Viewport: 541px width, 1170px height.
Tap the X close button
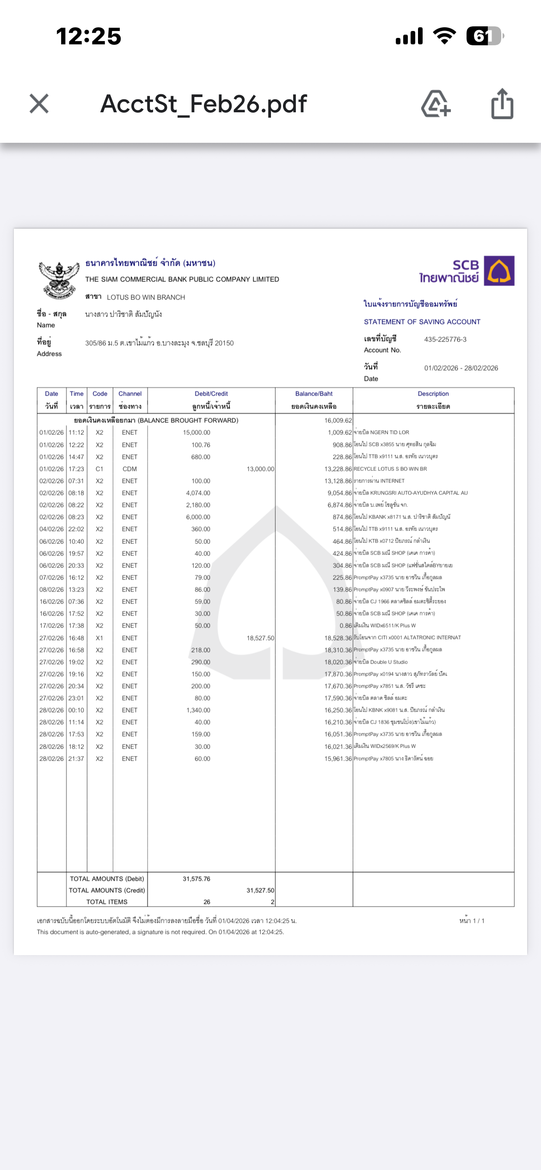[x=39, y=104]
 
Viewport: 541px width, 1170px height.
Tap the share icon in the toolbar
[x=502, y=104]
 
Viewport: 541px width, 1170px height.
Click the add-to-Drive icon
[x=436, y=104]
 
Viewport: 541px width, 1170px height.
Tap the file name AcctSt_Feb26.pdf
[x=203, y=104]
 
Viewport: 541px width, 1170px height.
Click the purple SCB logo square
[x=499, y=271]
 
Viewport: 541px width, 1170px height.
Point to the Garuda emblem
[x=59, y=280]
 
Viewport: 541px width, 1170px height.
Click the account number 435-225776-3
[x=445, y=340]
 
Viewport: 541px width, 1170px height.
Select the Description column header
[x=433, y=394]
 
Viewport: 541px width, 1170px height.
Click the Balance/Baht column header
[x=314, y=394]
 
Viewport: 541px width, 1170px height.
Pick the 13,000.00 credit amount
[x=260, y=469]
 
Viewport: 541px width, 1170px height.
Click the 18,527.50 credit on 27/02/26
[x=260, y=638]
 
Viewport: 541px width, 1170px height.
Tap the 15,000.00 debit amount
[x=197, y=433]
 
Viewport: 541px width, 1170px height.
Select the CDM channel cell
[x=129, y=469]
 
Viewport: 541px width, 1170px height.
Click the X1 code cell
[x=99, y=638]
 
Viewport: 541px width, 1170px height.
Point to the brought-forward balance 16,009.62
[x=338, y=420]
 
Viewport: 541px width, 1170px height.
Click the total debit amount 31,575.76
[x=197, y=879]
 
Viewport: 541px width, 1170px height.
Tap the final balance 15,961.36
[x=338, y=759]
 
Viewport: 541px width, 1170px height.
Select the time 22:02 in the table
[x=76, y=529]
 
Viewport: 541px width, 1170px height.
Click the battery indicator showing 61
[x=484, y=36]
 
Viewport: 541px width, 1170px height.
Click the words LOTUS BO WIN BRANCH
[x=146, y=298]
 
